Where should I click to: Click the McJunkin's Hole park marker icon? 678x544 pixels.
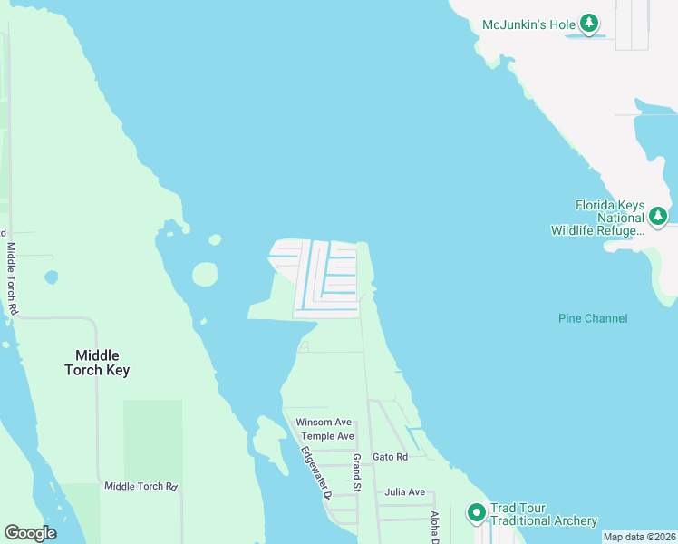[x=589, y=22]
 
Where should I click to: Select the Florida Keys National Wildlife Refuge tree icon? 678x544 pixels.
[x=658, y=217]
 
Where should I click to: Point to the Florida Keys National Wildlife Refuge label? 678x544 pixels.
[x=597, y=218]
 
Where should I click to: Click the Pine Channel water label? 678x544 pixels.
[x=593, y=318]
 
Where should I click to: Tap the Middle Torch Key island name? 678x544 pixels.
[x=97, y=363]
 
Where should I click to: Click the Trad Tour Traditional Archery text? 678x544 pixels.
[x=543, y=514]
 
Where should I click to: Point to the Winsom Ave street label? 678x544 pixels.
[x=324, y=422]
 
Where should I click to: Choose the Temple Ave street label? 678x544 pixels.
[x=327, y=436]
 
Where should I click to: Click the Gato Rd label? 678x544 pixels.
[x=390, y=457]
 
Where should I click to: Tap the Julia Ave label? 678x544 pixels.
[x=404, y=492]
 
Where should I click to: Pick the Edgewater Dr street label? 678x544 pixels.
[x=317, y=471]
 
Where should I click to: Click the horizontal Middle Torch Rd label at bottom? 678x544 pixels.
[x=140, y=487]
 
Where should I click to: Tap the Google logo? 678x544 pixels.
[x=30, y=533]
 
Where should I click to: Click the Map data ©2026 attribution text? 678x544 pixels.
[x=639, y=537]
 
